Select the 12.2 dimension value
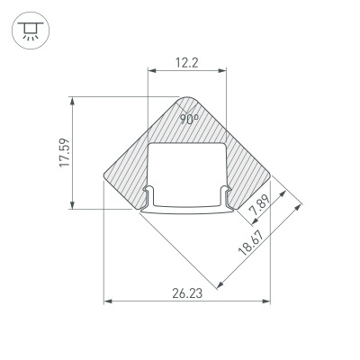186,63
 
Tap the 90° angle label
188,118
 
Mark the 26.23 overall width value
187,292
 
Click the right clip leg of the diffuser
224,200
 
